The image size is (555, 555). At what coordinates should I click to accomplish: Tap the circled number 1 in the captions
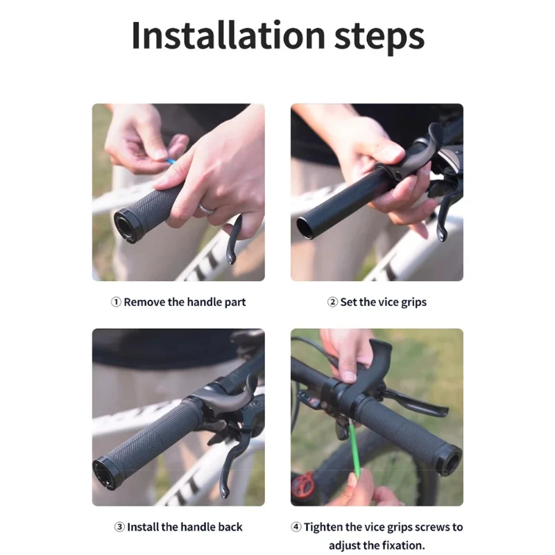pyautogui.click(x=116, y=302)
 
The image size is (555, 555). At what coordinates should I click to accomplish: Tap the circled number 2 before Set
pyautogui.click(x=332, y=302)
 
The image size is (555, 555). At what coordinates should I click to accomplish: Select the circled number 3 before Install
pyautogui.click(x=119, y=527)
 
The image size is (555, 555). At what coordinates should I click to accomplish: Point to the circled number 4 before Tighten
pyautogui.click(x=296, y=527)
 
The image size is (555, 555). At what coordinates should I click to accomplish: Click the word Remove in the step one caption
pyautogui.click(x=144, y=302)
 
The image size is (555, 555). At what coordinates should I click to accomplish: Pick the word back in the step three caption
pyautogui.click(x=230, y=527)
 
